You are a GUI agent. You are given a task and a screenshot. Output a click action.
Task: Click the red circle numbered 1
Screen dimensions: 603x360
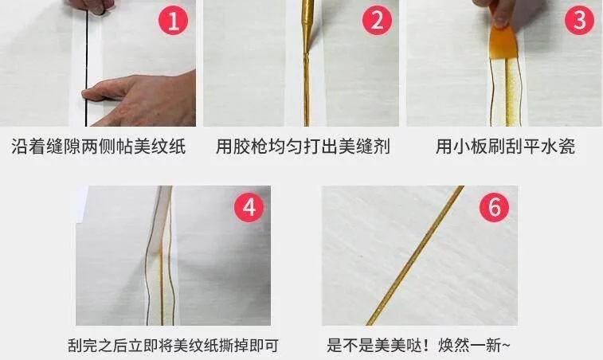pos(173,20)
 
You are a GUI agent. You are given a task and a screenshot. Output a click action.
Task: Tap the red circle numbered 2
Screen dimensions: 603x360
pos(377,20)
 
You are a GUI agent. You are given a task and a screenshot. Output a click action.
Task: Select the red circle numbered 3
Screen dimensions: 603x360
pos(579,20)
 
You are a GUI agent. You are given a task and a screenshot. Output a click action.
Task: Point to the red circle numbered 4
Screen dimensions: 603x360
pos(249,207)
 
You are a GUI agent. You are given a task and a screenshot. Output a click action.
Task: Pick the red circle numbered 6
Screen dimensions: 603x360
pos(494,207)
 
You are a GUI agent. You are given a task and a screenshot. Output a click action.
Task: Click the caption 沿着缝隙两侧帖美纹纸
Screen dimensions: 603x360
pos(99,147)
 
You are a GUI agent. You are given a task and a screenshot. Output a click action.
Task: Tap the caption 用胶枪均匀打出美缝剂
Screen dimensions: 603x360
pos(303,147)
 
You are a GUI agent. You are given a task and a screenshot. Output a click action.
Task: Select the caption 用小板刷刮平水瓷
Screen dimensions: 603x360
pos(505,147)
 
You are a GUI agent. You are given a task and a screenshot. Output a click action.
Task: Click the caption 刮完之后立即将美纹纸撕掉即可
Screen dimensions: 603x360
pos(173,345)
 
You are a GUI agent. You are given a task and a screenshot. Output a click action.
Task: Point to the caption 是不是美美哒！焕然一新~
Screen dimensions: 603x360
pos(418,345)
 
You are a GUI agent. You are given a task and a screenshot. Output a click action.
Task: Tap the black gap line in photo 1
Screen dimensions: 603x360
pos(87,69)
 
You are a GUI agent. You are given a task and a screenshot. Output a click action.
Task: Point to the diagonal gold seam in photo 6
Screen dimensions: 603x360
pos(414,256)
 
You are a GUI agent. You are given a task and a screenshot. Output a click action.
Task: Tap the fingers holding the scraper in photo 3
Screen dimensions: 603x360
pos(498,12)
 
